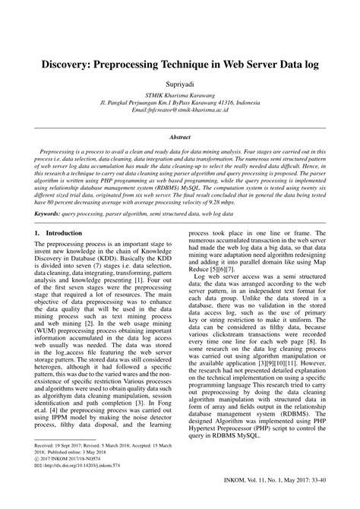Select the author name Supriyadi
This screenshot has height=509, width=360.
[x=180, y=84]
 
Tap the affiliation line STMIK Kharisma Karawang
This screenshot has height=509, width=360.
[x=180, y=97]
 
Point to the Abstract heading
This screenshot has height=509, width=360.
[x=180, y=139]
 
